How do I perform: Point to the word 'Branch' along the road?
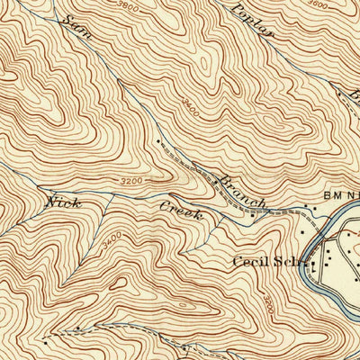(241, 190)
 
